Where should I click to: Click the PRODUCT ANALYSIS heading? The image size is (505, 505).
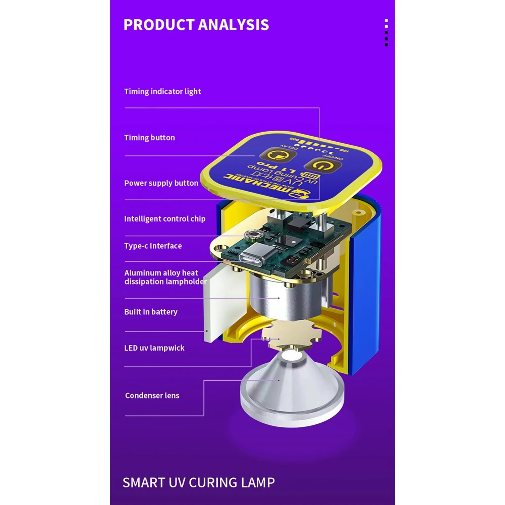click(x=196, y=25)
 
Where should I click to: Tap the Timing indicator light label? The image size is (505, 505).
click(x=162, y=91)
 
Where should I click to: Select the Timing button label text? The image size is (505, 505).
click(x=149, y=137)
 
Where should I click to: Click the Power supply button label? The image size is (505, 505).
click(x=161, y=183)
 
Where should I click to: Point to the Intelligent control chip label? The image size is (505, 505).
click(x=164, y=219)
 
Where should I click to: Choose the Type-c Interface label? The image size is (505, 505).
click(x=153, y=246)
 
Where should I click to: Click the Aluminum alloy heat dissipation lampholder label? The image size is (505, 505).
click(x=165, y=277)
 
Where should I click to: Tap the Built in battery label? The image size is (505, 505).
click(x=151, y=312)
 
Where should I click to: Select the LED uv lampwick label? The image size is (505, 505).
click(x=154, y=348)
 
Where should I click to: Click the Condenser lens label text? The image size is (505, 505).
click(x=152, y=396)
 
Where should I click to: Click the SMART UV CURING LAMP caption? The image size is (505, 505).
click(x=199, y=482)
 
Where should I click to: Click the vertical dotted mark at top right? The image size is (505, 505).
click(x=386, y=33)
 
